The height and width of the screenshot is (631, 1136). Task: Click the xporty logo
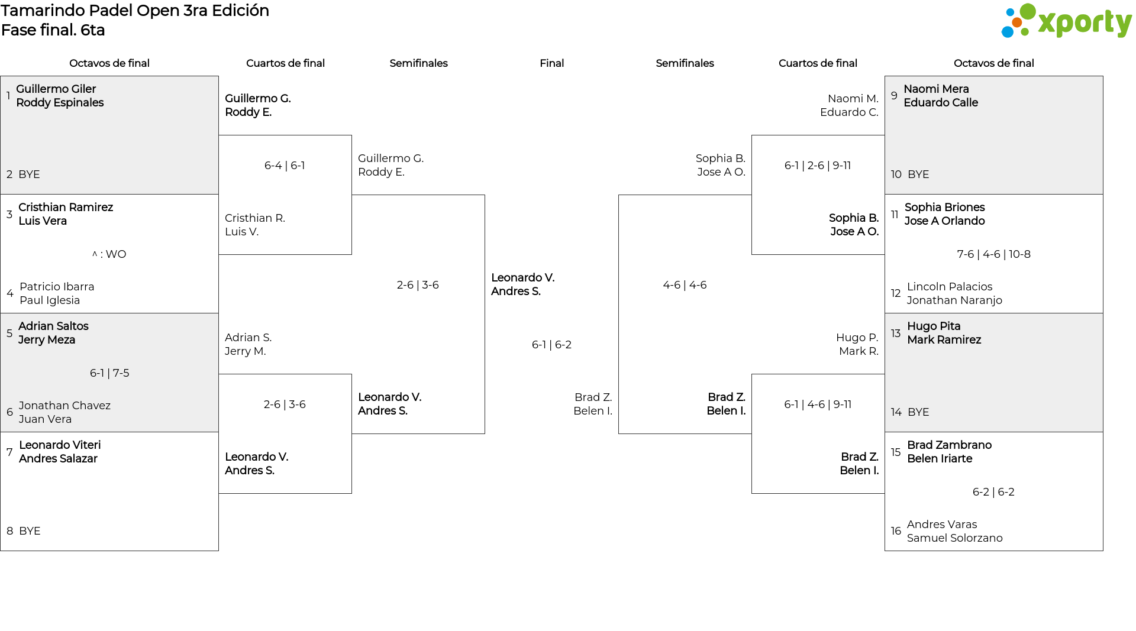click(1066, 21)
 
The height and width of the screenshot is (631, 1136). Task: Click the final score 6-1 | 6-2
click(551, 345)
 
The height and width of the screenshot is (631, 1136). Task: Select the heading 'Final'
click(551, 63)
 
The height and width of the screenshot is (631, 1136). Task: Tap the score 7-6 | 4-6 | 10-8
click(993, 254)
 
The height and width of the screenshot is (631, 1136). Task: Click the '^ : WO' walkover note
click(109, 254)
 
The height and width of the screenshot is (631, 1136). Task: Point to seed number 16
click(896, 531)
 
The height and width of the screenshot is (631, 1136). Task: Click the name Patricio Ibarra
click(57, 287)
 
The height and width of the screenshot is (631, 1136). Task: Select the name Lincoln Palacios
click(950, 287)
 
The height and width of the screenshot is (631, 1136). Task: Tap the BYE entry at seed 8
click(30, 531)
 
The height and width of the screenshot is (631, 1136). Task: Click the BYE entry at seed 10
click(918, 174)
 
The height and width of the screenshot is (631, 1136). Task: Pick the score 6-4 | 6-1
click(285, 166)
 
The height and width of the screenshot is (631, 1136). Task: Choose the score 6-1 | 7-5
click(109, 373)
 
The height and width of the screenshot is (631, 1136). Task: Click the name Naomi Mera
click(936, 89)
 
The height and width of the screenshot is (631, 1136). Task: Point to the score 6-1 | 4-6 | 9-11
click(818, 405)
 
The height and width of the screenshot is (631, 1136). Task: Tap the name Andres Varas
click(942, 525)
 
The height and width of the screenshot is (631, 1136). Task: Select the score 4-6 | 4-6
click(685, 285)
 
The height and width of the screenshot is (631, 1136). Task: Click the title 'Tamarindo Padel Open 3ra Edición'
click(135, 11)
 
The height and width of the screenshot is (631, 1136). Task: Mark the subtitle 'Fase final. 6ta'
click(53, 30)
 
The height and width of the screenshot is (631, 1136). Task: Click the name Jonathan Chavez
click(64, 406)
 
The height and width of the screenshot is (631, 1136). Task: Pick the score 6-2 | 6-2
click(993, 492)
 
